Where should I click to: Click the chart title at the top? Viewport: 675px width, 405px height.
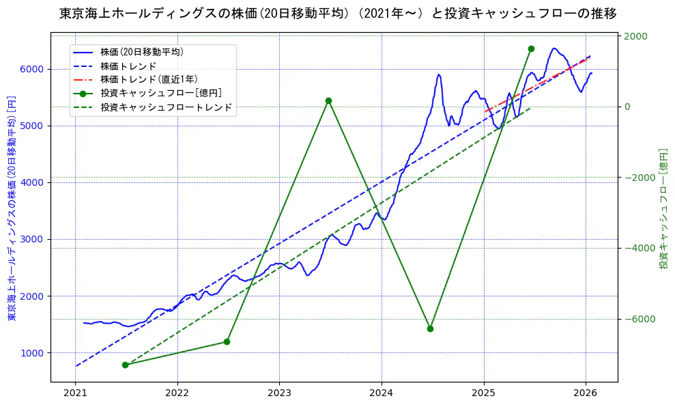click(x=338, y=14)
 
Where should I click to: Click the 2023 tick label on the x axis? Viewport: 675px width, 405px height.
click(x=279, y=393)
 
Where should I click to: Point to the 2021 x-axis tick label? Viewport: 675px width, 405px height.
click(x=75, y=393)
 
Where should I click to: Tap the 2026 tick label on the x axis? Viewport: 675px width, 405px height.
click(x=586, y=393)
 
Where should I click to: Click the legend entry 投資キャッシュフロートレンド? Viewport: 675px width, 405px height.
click(x=166, y=107)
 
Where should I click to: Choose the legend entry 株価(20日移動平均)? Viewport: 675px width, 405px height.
click(x=141, y=52)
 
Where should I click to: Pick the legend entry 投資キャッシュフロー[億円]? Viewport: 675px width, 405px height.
click(x=160, y=94)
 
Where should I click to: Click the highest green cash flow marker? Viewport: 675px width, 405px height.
click(x=531, y=48)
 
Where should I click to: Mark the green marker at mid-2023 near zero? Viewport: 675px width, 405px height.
click(x=328, y=100)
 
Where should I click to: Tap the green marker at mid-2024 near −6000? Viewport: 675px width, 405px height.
click(x=430, y=329)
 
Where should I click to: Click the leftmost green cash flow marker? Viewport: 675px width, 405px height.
click(x=125, y=365)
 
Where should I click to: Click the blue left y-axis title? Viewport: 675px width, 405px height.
click(x=11, y=207)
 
